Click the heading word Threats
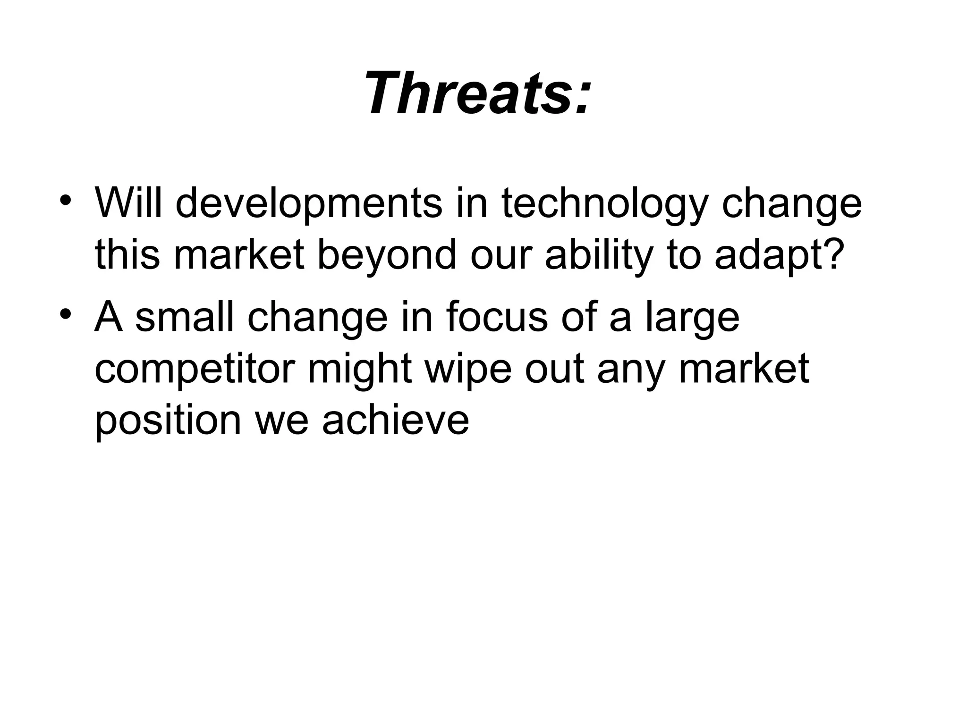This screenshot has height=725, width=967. (467, 93)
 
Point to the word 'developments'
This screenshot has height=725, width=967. (309, 204)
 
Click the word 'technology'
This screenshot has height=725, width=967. (605, 204)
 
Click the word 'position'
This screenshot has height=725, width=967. (168, 421)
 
